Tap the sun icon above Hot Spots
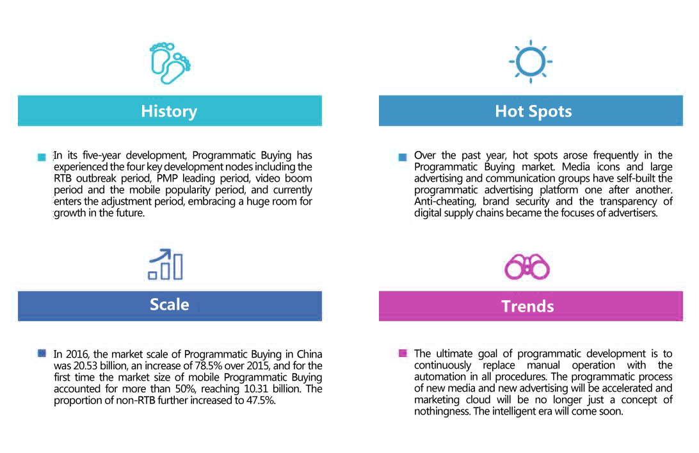531,61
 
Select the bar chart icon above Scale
165,264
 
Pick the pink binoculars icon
527,267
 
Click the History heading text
169,111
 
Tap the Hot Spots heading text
533,111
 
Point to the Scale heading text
170,305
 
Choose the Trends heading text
528,306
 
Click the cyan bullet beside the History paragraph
42,157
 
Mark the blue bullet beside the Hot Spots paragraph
403,157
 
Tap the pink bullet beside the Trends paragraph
403,353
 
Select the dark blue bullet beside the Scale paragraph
42,353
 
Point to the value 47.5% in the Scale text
261,401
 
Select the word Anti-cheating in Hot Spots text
444,202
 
